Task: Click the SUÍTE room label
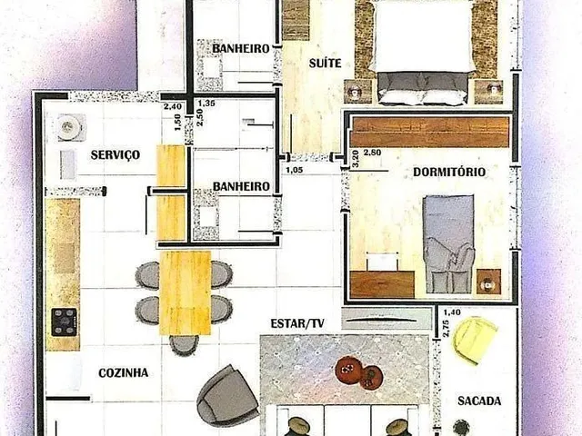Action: click(326, 63)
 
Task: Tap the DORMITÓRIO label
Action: click(449, 172)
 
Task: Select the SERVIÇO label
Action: click(115, 154)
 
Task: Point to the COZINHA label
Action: click(124, 372)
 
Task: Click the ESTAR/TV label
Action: click(297, 323)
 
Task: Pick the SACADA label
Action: click(479, 401)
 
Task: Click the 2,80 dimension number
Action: click(372, 152)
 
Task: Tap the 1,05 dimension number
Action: click(295, 170)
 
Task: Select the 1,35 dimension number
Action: click(206, 103)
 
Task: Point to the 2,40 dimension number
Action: click(173, 107)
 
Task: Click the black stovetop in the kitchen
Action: click(65, 322)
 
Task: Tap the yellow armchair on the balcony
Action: click(476, 341)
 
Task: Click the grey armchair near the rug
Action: click(227, 394)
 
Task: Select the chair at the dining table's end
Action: click(184, 345)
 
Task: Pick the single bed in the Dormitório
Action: click(449, 243)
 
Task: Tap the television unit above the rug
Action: click(386, 319)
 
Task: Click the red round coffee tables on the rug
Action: click(356, 372)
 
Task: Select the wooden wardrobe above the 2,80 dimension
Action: click(430, 132)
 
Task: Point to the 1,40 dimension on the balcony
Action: click(452, 312)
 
